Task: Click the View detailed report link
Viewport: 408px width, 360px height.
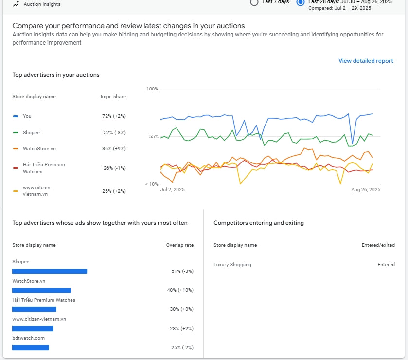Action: pyautogui.click(x=366, y=61)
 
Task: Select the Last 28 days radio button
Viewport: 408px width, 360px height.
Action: pyautogui.click(x=300, y=2)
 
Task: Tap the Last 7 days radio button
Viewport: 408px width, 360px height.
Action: pyautogui.click(x=254, y=2)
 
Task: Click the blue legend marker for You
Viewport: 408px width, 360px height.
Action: pyautogui.click(x=16, y=116)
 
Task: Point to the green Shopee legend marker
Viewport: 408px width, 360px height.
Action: pyautogui.click(x=16, y=132)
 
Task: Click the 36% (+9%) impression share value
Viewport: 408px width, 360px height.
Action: pyautogui.click(x=114, y=149)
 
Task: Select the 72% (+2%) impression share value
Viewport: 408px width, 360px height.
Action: pyautogui.click(x=114, y=116)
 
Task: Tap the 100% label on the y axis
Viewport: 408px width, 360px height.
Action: pyautogui.click(x=152, y=89)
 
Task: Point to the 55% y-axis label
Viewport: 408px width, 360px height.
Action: pyautogui.click(x=154, y=136)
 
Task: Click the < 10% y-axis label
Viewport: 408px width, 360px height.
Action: pyautogui.click(x=152, y=184)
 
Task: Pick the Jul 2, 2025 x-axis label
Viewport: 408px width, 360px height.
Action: pyautogui.click(x=173, y=190)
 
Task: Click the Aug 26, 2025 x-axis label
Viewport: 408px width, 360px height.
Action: pyautogui.click(x=366, y=190)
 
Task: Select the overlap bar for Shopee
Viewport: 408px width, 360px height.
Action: pyautogui.click(x=50, y=271)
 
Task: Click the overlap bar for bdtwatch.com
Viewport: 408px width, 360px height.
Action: pyautogui.click(x=31, y=347)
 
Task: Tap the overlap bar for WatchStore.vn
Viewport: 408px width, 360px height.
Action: pyautogui.click(x=41, y=290)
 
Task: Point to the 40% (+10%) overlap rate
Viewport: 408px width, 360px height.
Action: pyautogui.click(x=180, y=290)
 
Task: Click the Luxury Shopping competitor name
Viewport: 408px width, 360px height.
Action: pyautogui.click(x=232, y=265)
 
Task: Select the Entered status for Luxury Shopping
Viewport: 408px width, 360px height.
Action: pyautogui.click(x=386, y=265)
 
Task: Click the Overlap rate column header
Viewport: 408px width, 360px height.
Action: pyautogui.click(x=180, y=245)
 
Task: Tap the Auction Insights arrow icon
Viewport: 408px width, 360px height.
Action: pyautogui.click(x=16, y=3)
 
